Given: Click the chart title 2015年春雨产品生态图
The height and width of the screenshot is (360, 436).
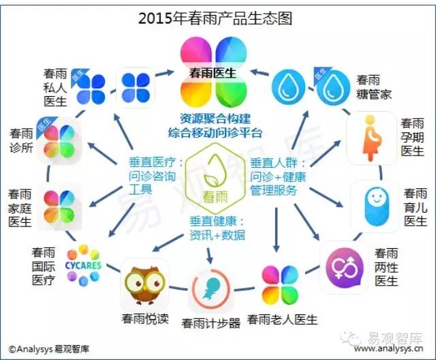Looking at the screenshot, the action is click(215, 18).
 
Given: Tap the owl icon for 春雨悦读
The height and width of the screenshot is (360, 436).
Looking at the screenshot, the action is click(145, 284).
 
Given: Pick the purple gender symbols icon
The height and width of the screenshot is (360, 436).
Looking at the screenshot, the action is click(345, 268).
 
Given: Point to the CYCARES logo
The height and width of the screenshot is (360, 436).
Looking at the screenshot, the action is click(83, 265).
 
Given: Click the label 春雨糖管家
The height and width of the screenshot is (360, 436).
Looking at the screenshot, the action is click(374, 87).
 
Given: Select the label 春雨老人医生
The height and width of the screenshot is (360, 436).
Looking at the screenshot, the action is click(282, 319).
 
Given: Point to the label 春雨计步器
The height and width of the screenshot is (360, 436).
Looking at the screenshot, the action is click(211, 323).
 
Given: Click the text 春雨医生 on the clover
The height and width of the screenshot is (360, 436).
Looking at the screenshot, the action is click(213, 73).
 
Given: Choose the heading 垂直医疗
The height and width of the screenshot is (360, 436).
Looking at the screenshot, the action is click(152, 162).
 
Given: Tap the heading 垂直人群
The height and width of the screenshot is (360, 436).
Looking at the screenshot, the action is click(274, 163).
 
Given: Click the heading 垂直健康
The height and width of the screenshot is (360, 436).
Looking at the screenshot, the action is click(213, 222).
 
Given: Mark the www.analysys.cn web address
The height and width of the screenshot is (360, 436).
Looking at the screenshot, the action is click(389, 348).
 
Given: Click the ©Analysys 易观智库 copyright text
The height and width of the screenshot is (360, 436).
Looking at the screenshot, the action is click(49, 349).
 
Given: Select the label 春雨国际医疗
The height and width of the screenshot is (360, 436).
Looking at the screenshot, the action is click(44, 267).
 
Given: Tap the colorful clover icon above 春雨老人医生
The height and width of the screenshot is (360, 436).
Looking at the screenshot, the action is click(280, 285).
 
